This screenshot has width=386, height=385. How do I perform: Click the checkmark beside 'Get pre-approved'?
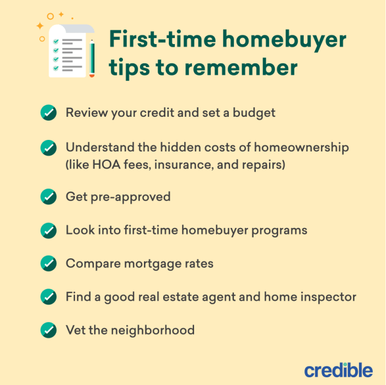[x=49, y=197]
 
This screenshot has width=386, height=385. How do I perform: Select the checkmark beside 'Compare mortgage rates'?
[x=49, y=263]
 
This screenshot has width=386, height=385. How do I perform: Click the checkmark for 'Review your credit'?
[x=49, y=113]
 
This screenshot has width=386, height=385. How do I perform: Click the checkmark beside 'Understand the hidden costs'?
[x=49, y=148]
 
